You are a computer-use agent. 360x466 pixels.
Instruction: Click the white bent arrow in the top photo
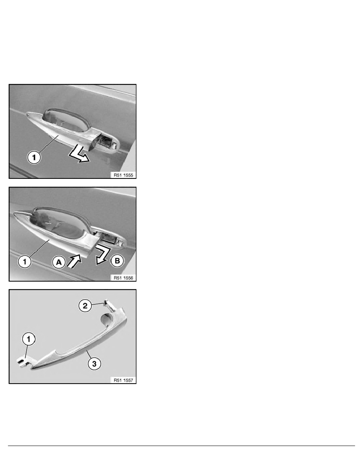click(79, 155)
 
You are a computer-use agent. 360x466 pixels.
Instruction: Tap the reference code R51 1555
click(123, 175)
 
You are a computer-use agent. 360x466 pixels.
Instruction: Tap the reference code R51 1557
click(123, 380)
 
